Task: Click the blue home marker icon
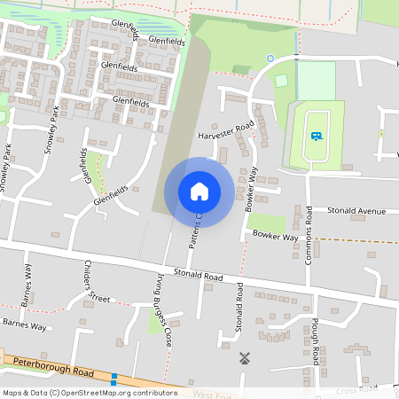coord(199,191)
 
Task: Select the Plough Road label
coord(315,343)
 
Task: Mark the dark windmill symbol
coord(245,359)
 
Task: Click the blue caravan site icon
coord(317,137)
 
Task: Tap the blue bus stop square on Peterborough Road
coord(113,379)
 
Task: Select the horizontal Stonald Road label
coord(198,276)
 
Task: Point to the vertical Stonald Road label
coord(239,308)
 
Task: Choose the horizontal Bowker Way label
coord(274,237)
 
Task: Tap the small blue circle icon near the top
coord(270,59)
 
